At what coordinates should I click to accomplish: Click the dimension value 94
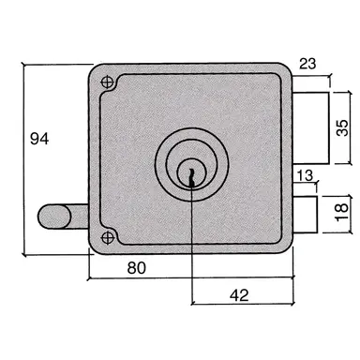tap(38, 139)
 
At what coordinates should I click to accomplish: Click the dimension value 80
tap(136, 268)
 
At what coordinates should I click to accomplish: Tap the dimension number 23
tap(307, 65)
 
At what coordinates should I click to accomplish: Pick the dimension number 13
tap(305, 174)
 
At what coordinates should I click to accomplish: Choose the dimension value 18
tap(343, 210)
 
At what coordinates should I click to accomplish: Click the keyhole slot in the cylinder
tap(190, 173)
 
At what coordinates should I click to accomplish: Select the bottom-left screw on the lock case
tap(109, 235)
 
